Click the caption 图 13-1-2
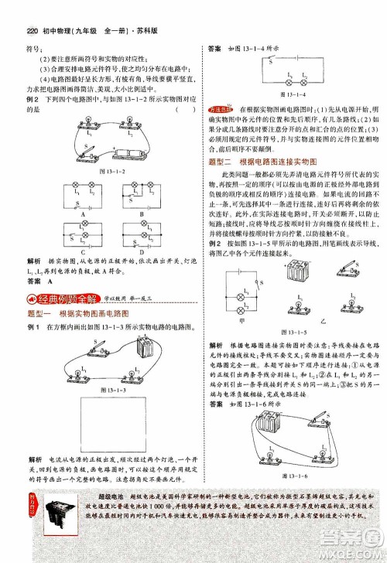click(92, 170)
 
